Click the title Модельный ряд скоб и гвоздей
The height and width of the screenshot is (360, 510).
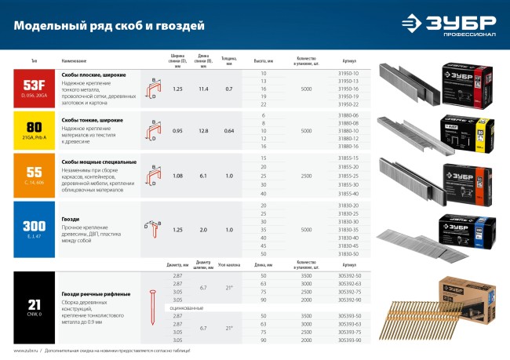(x=109, y=26)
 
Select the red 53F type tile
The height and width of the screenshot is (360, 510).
(x=35, y=89)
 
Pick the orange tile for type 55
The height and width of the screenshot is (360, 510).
(x=35, y=175)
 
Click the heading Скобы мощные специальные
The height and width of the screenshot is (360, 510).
(x=99, y=162)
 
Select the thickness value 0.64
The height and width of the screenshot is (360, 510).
(x=229, y=130)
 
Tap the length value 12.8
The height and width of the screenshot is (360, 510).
(x=203, y=130)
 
